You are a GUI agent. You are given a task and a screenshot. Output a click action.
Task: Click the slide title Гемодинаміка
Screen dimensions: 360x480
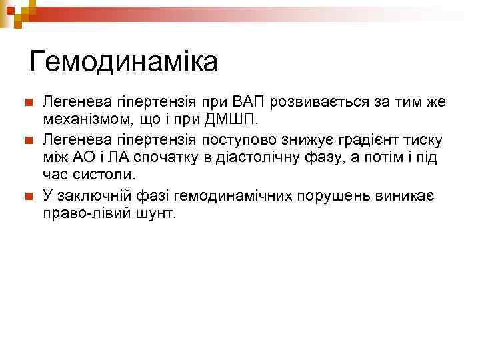click(x=124, y=62)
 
